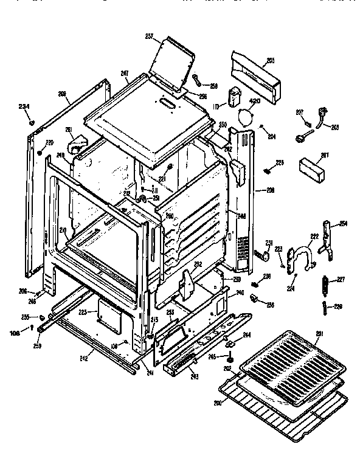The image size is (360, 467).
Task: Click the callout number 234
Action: pos(24,107)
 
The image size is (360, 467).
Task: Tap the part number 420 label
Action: pos(255,101)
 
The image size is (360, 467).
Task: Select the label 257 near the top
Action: pos(148,36)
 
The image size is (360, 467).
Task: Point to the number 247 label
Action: pos(125,74)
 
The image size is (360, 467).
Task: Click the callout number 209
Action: pos(62,93)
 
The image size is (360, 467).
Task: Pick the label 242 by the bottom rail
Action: pos(83,359)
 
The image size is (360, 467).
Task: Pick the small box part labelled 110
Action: pos(234,98)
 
